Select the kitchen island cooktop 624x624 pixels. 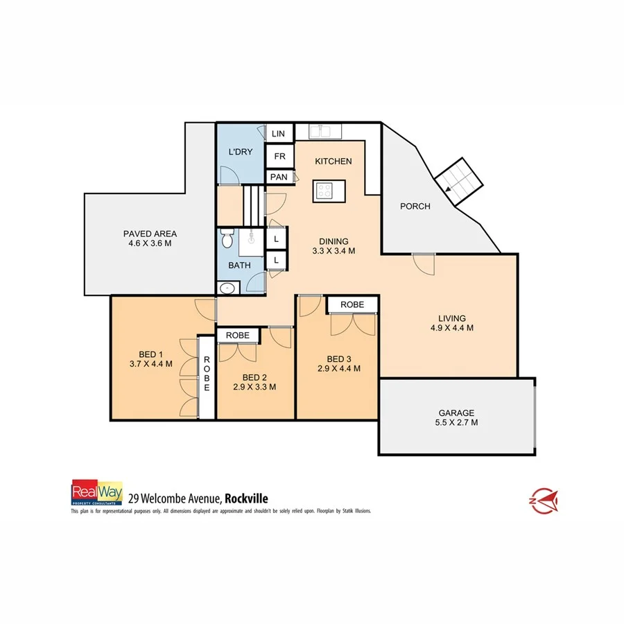324,191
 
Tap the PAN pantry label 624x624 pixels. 279,177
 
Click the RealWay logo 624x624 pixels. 97,493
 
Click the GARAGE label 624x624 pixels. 456,413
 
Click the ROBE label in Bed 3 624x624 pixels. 352,304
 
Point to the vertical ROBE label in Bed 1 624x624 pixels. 206,374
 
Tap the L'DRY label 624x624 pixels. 240,152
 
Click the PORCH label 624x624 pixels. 415,206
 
